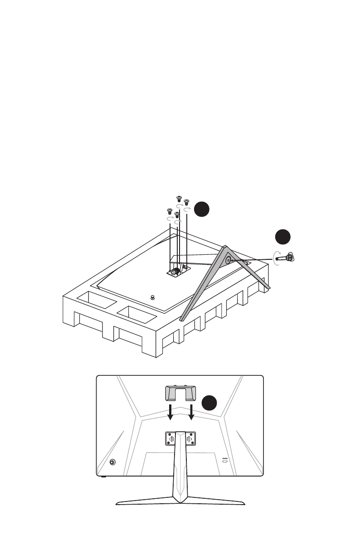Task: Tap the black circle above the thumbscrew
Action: (283, 237)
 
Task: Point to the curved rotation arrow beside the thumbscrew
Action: (277, 258)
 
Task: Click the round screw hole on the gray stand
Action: (228, 260)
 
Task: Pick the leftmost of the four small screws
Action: (170, 211)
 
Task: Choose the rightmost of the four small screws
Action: (185, 201)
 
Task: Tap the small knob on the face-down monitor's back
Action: (152, 297)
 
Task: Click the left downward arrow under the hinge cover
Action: (170, 412)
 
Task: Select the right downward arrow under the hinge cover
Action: (192, 412)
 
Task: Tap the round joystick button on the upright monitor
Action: (112, 462)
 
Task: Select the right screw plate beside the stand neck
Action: (190, 438)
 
